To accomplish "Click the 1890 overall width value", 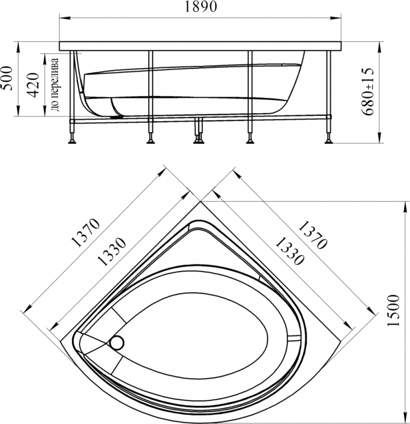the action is coord(201,7).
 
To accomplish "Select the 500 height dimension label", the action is coord(7,79).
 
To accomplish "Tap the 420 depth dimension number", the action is coord(33,85).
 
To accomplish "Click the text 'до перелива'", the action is coord(55,85).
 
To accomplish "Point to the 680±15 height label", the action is coord(368,91).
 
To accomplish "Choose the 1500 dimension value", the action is coord(393,310).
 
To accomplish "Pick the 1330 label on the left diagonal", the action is coord(112,252).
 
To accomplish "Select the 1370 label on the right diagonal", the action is coord(313,235).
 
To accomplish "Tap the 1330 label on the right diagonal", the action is coord(289,251).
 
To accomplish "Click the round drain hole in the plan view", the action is coord(117,343).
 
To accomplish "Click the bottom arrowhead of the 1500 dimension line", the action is coord(406,418).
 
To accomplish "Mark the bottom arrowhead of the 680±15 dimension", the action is coord(379,137).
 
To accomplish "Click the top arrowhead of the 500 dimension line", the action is coord(19,48).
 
